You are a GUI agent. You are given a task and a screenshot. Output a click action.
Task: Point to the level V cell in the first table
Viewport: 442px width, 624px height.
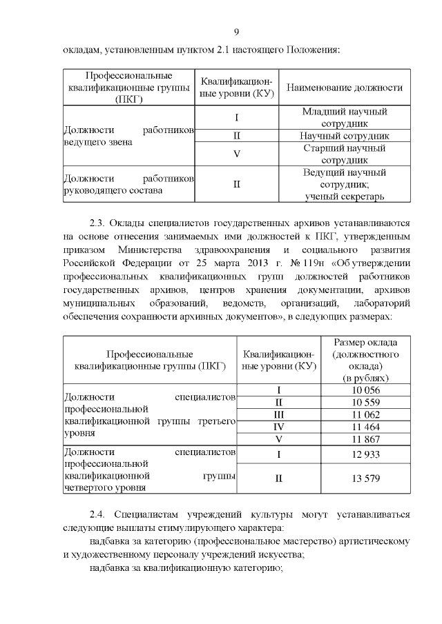237,153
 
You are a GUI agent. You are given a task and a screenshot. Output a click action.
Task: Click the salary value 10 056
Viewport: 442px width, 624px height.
366,390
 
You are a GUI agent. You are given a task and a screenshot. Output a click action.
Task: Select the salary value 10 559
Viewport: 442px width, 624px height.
366,402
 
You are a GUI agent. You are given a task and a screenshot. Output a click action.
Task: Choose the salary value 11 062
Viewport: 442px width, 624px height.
366,414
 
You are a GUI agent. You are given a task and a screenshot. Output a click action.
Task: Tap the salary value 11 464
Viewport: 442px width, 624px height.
366,427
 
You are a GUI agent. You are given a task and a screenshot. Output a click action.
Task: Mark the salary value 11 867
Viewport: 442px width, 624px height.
366,439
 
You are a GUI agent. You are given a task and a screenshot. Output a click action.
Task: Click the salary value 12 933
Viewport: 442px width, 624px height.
366,454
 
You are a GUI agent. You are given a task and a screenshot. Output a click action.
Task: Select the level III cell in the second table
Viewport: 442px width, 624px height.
279,414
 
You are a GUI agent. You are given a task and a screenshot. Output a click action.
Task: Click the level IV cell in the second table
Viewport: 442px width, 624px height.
279,427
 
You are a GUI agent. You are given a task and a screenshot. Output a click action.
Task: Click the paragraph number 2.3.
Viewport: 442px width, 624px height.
99,223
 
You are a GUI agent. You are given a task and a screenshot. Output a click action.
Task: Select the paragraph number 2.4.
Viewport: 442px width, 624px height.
99,514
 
